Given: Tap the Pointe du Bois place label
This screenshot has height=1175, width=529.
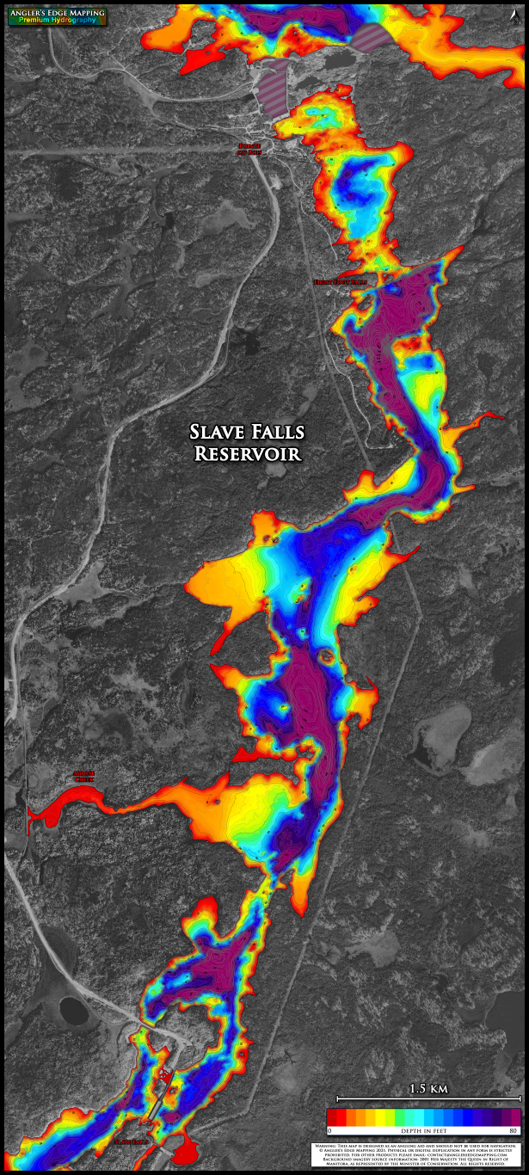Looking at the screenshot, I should [x=249, y=149].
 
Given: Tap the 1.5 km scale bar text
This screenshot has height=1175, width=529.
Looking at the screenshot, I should [x=428, y=1089].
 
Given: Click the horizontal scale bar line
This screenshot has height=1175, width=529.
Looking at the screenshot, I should [x=428, y=1098].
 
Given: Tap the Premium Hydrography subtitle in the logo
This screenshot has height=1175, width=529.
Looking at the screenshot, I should [x=57, y=20].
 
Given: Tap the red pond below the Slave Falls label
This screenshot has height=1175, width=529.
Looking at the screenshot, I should [x=186, y=1152].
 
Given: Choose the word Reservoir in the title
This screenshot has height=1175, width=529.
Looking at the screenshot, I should [x=248, y=453].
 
